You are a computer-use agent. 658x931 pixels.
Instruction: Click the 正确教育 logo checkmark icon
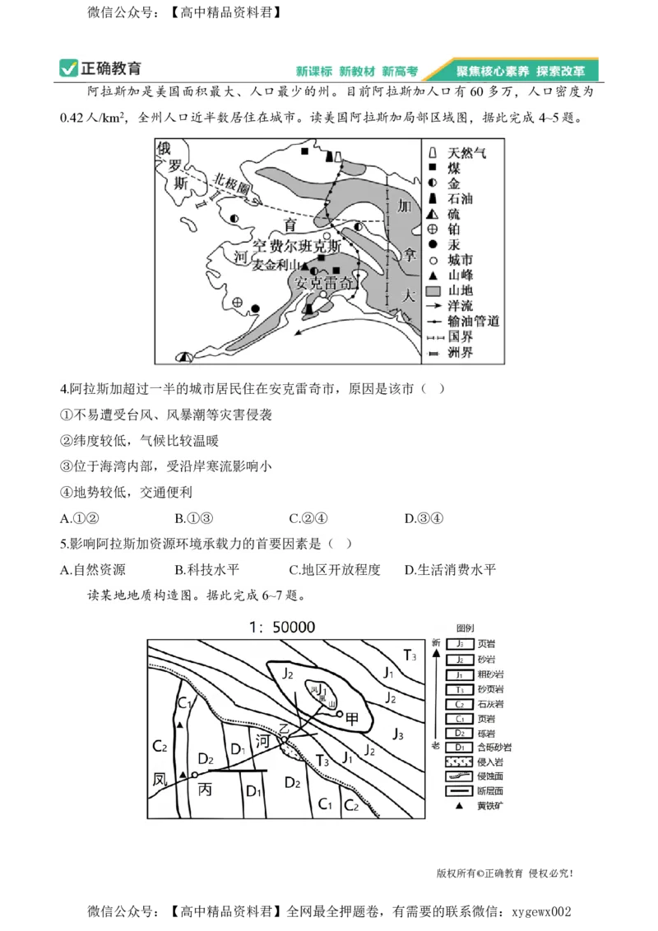pos(68,69)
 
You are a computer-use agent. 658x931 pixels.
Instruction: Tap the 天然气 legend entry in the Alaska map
pos(466,153)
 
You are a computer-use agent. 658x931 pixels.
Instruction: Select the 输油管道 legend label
pos(473,322)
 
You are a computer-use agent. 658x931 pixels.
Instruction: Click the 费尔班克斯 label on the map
pos(296,246)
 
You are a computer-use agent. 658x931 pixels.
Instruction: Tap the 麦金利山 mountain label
pos(276,265)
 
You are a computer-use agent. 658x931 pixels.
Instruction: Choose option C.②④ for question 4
pos(308,519)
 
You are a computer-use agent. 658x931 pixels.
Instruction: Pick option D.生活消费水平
pos(451,570)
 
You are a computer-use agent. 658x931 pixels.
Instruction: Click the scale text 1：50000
pos(282,627)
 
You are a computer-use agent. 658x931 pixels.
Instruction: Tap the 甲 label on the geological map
pos(352,717)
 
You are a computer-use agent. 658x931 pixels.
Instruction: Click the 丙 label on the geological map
pos(206,787)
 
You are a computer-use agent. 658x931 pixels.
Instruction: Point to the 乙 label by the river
pos(285,729)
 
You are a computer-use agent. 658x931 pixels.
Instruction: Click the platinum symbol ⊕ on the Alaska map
pos(238,303)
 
